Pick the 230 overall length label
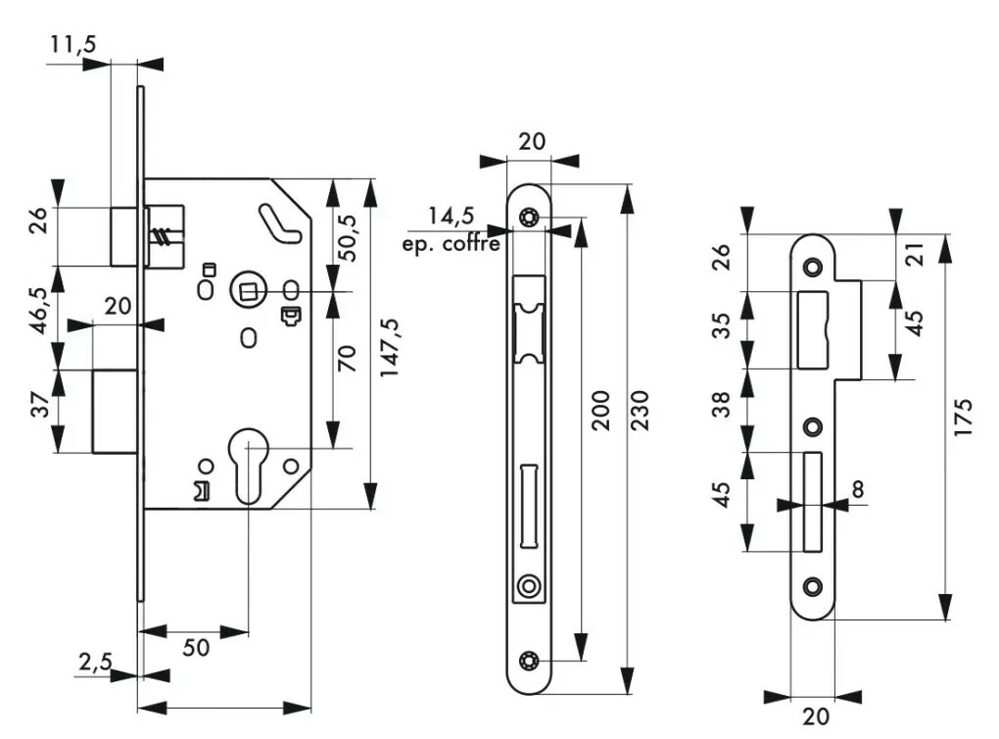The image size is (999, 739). (642, 410)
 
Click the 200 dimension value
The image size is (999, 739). (601, 410)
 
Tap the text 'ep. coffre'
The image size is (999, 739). (452, 243)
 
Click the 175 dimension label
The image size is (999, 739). (964, 418)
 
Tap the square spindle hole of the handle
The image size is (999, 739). (247, 289)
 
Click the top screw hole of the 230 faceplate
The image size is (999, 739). (530, 218)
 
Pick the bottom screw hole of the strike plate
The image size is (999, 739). (812, 585)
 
